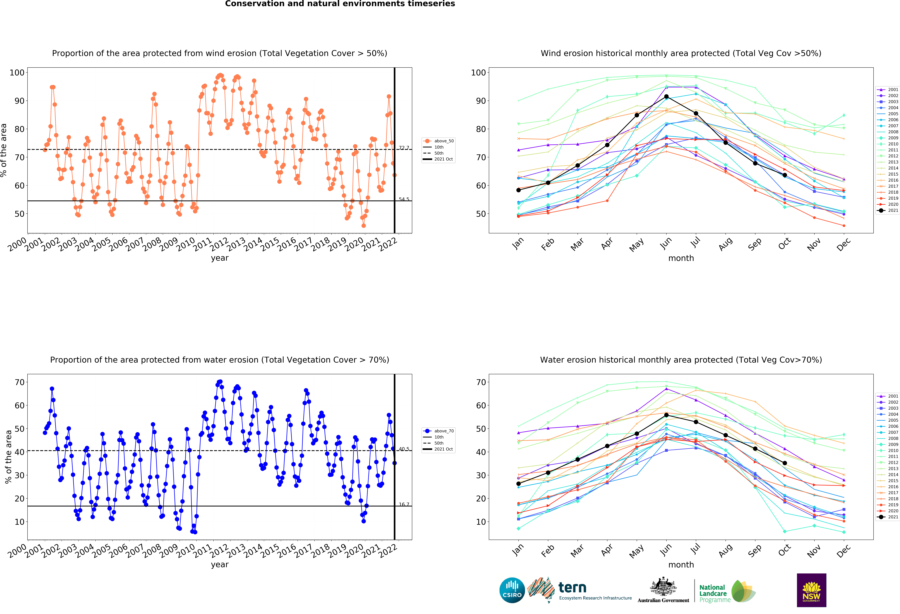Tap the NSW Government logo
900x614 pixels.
(x=811, y=590)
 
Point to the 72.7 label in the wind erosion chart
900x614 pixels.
(x=404, y=148)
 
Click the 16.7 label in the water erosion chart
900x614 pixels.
(x=404, y=504)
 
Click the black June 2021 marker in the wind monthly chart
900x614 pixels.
(x=666, y=96)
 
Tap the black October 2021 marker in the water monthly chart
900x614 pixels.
(x=785, y=463)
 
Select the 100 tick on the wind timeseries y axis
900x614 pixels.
(x=17, y=72)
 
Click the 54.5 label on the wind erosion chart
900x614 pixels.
(x=404, y=199)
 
